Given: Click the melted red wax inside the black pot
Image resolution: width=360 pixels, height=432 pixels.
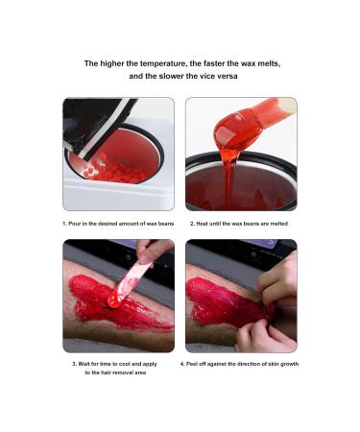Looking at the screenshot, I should (240, 187).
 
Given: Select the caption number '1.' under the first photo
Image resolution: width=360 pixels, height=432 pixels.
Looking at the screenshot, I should (65, 223).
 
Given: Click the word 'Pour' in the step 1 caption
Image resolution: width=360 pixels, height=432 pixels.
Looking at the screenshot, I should (77, 223).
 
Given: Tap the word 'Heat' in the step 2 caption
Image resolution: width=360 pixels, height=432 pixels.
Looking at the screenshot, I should (203, 223).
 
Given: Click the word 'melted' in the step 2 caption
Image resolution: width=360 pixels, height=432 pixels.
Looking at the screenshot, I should (276, 223).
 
